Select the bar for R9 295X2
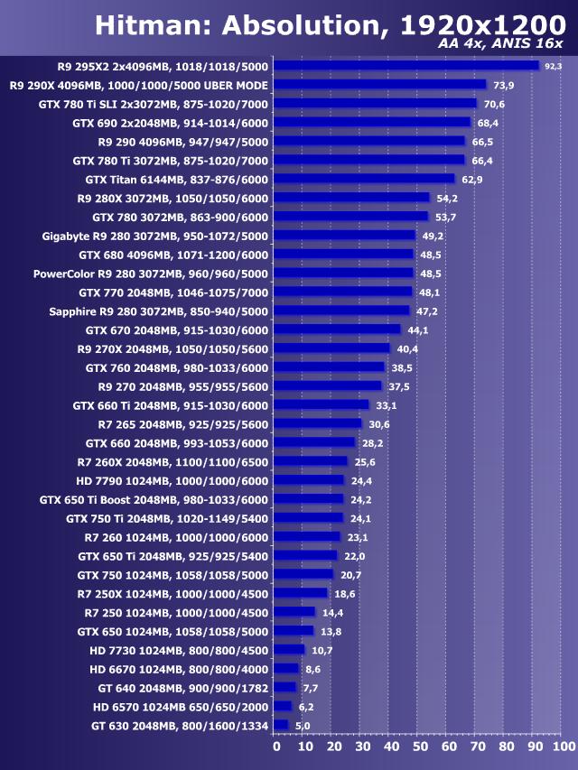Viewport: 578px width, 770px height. pos(406,66)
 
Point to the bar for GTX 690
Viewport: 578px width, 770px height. pos(372,123)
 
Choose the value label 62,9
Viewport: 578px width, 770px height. pos(471,179)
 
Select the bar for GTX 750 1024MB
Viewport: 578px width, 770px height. pos(303,574)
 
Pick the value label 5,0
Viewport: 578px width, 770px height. pos(303,725)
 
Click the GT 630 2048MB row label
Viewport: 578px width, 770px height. pos(180,725)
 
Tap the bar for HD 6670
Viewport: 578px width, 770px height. pos(285,669)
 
